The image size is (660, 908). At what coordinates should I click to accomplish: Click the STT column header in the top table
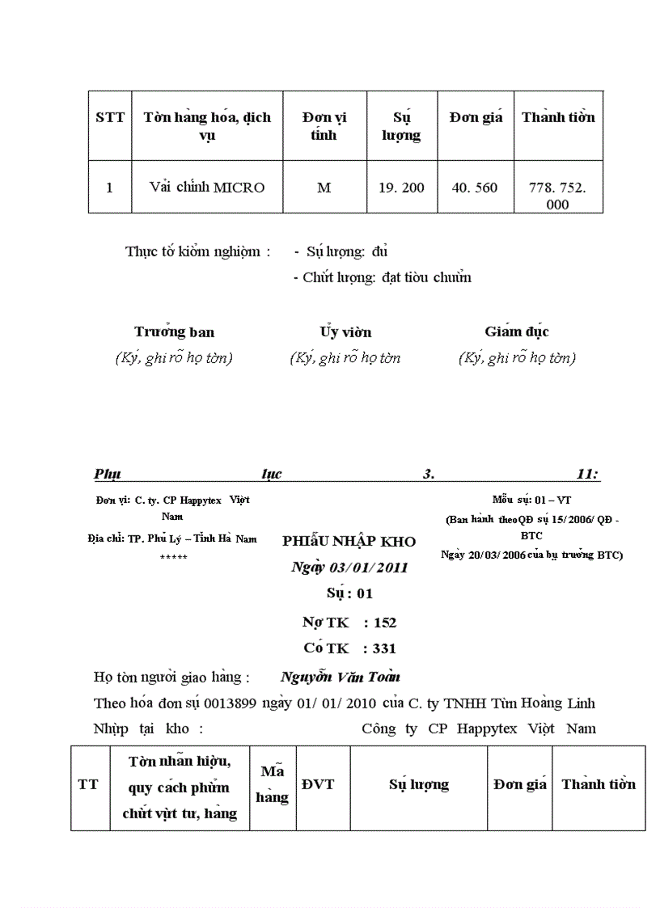[110, 117]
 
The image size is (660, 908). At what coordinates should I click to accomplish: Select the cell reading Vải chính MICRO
[207, 188]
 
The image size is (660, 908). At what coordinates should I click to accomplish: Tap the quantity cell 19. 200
[401, 188]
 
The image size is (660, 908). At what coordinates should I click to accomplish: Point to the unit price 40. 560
[475, 188]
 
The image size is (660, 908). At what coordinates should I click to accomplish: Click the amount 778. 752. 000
[558, 196]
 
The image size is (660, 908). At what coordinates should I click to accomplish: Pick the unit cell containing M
[324, 188]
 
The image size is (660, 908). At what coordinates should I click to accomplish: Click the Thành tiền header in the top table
[558, 117]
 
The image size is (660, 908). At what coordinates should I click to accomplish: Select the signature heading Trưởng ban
[174, 332]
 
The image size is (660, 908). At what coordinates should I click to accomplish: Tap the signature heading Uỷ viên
[345, 332]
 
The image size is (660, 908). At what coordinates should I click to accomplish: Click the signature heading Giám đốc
[517, 332]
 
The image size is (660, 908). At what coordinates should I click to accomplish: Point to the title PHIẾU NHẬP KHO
[349, 542]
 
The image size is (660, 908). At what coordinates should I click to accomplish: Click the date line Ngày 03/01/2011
[349, 568]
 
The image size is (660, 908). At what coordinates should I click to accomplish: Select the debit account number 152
[385, 623]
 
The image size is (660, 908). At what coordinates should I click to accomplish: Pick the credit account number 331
[385, 648]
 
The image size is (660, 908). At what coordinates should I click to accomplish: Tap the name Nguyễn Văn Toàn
[341, 677]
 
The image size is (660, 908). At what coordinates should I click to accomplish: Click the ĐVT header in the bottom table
[318, 784]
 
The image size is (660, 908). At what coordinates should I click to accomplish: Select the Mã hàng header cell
[272, 784]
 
